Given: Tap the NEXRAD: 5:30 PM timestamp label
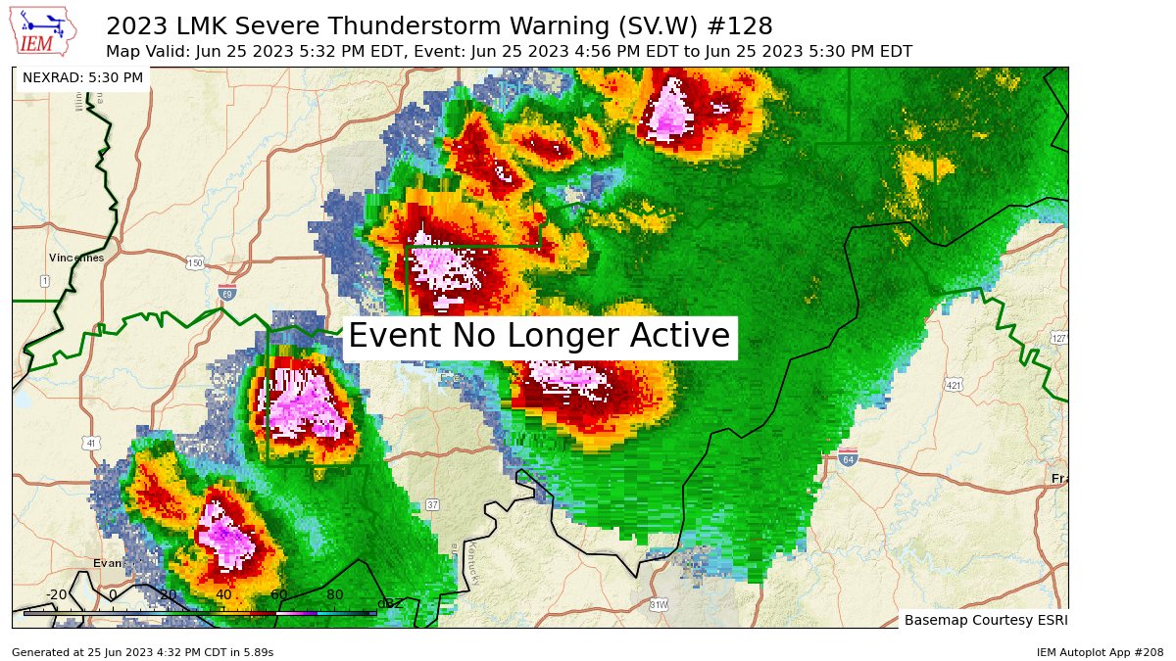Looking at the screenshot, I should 82,77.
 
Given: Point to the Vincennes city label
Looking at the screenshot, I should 76,258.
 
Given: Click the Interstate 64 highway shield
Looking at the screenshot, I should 849,457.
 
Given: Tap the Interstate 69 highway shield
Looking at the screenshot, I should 227,292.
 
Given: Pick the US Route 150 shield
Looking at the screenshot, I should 195,262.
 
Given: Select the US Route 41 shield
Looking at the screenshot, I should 91,444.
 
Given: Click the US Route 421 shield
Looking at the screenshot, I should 954,384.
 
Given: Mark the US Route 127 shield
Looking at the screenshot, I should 1058,338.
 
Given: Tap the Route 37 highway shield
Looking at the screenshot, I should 432,504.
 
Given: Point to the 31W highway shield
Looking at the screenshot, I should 659,605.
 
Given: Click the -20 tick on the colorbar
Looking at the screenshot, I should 56,594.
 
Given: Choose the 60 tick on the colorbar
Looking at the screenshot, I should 278,594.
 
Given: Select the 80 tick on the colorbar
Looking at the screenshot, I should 334,594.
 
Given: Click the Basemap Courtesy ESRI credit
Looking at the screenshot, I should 985,620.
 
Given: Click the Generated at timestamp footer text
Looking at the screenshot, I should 142,652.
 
